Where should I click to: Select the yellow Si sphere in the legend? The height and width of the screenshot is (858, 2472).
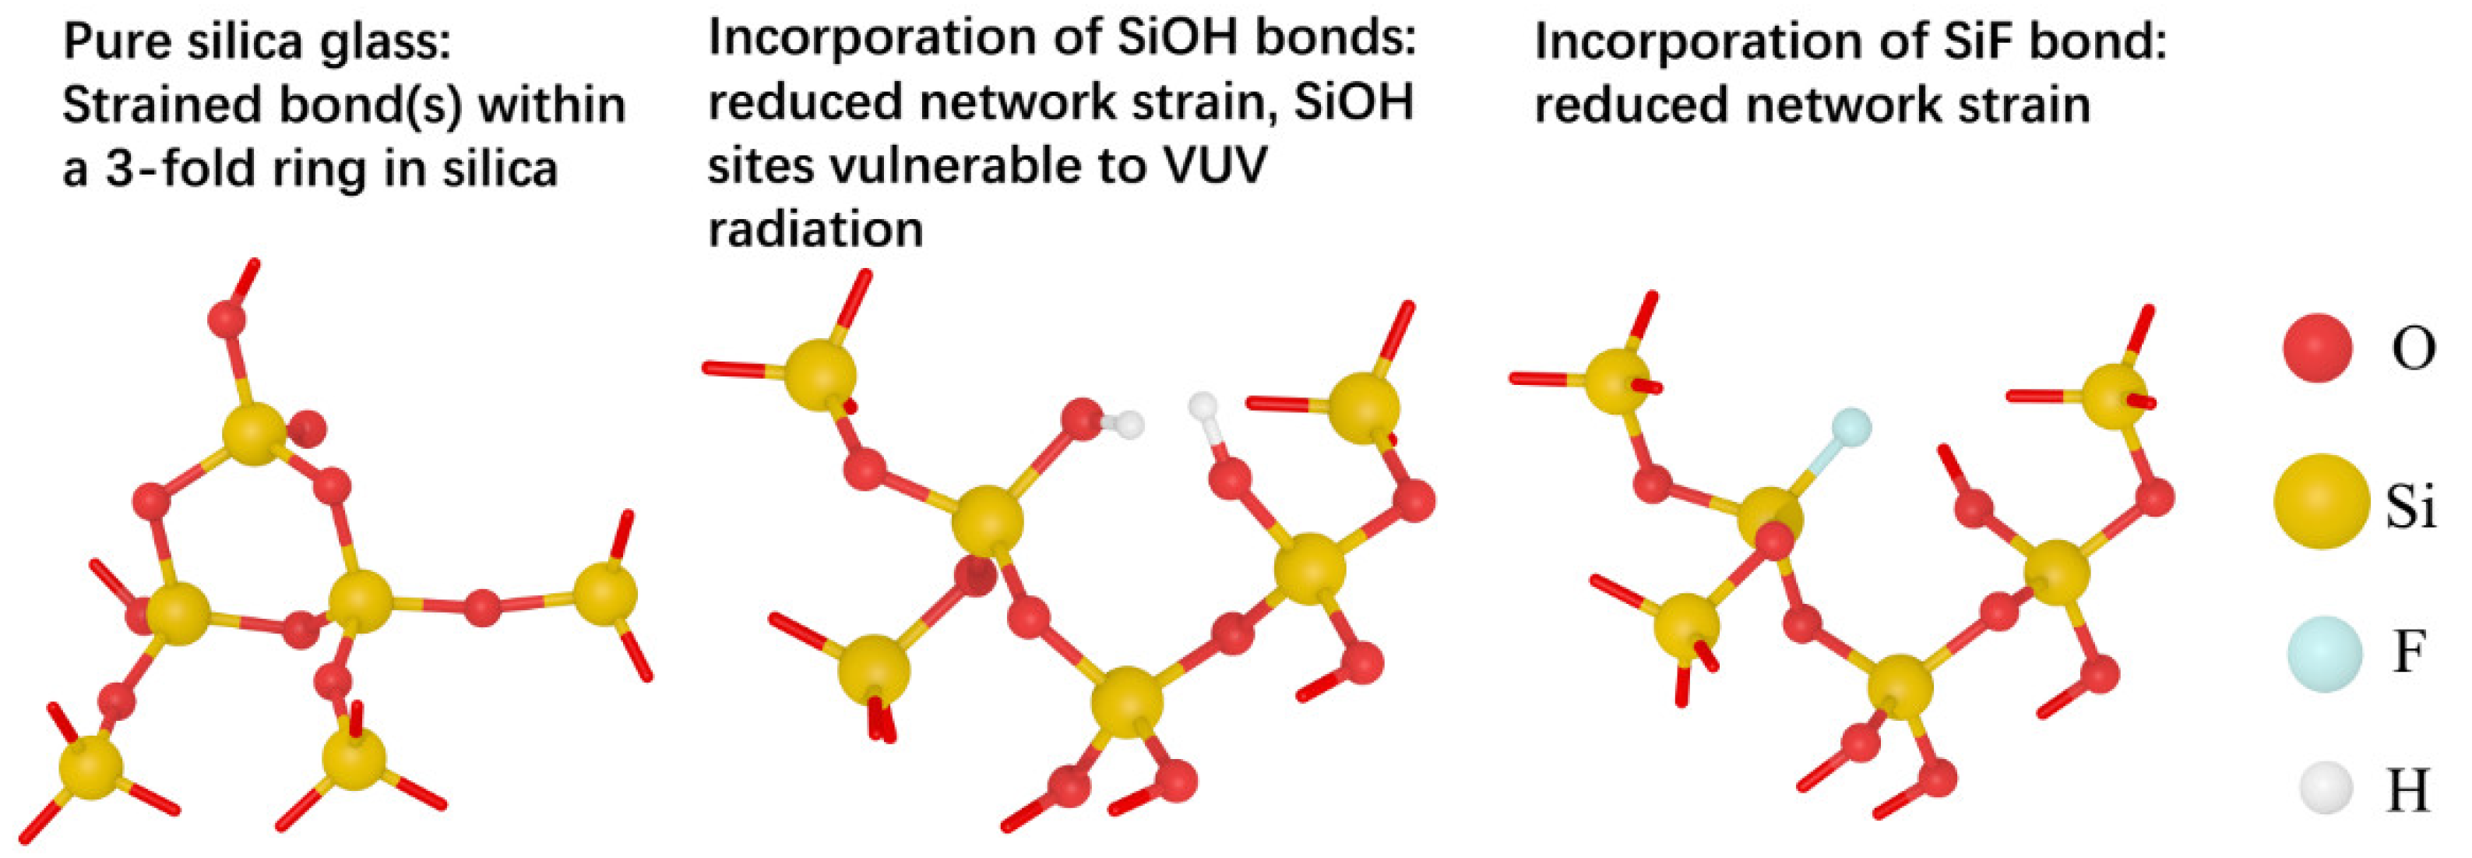[2319, 501]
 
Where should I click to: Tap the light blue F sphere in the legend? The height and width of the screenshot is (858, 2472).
[2323, 655]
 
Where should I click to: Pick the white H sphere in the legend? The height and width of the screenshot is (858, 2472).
[2325, 790]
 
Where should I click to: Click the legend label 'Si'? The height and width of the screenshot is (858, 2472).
[2410, 505]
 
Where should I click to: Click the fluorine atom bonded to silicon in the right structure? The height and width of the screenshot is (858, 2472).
[1850, 428]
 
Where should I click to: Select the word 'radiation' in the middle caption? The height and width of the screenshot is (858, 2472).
[815, 229]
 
